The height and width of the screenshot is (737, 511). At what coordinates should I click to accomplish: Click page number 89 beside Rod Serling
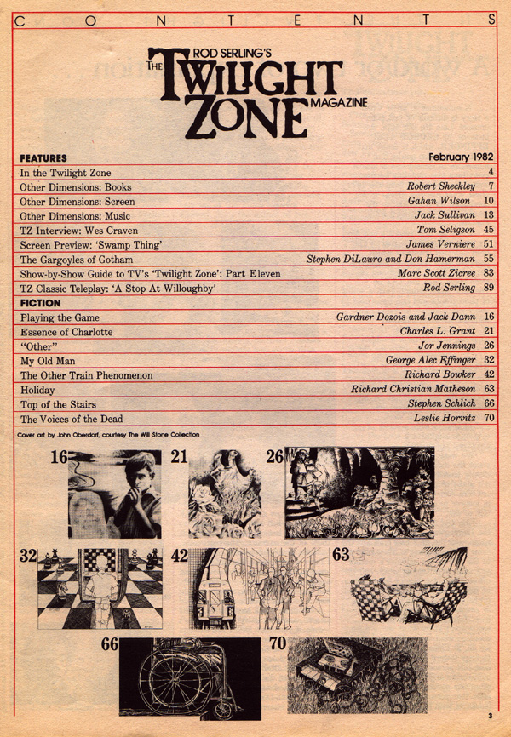pos(489,288)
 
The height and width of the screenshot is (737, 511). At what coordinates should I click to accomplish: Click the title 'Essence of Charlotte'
pos(66,331)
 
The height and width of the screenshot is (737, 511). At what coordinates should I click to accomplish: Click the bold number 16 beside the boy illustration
pos(57,457)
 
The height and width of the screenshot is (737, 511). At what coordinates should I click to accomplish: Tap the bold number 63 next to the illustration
pos(341,556)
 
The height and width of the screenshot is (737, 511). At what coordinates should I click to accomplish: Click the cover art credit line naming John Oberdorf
pos(107,434)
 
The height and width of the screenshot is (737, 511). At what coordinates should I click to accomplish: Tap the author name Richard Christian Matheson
pos(412,389)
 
